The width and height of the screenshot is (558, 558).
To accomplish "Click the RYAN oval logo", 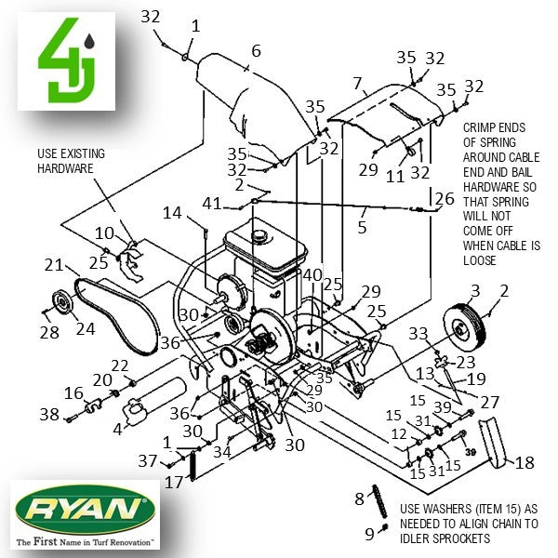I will click(x=83, y=508).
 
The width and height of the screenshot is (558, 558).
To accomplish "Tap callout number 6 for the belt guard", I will click(x=256, y=50).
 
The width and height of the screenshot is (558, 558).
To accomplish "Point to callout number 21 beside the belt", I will click(x=53, y=266).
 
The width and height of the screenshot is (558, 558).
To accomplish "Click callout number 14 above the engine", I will click(x=173, y=213).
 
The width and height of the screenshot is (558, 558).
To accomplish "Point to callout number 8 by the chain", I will click(x=359, y=499).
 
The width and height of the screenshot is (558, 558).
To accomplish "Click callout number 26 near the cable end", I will click(x=445, y=198).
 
